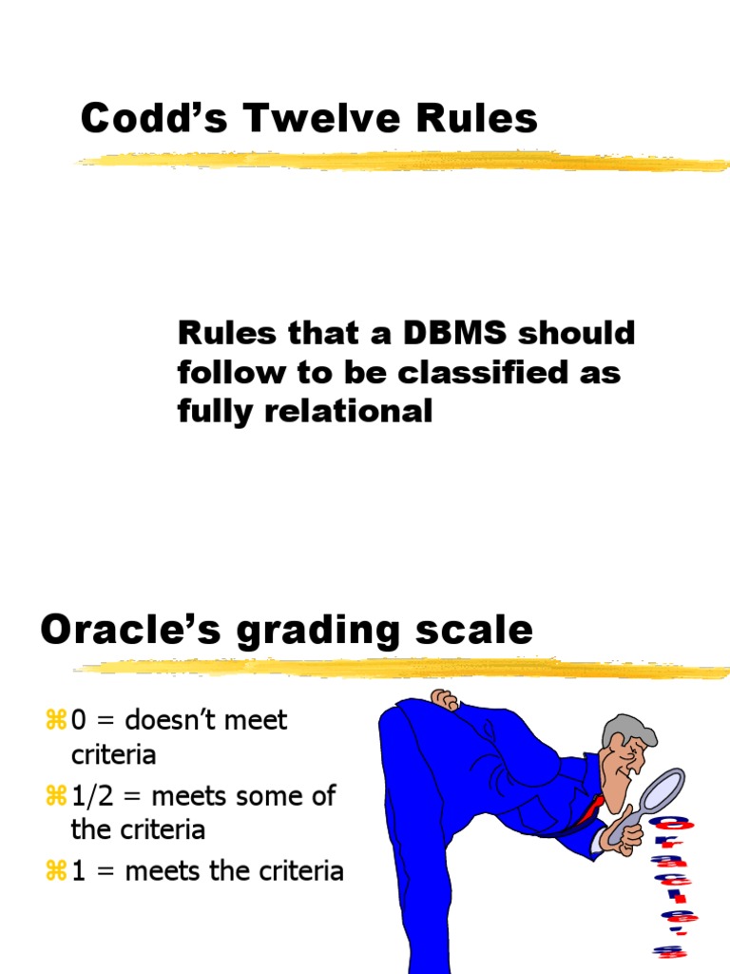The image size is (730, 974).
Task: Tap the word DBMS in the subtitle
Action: pyautogui.click(x=431, y=334)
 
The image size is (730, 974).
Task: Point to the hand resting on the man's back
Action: pyautogui.click(x=444, y=700)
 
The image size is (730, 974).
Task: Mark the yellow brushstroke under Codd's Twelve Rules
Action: pyautogui.click(x=399, y=161)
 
